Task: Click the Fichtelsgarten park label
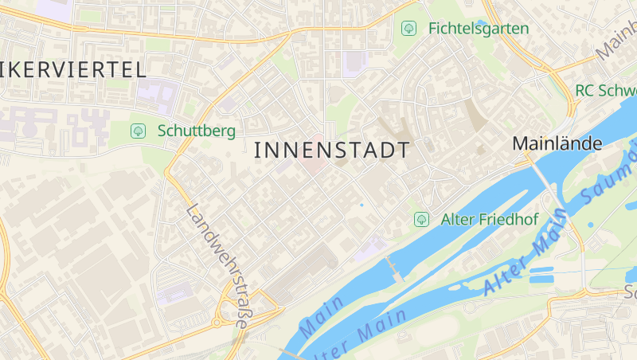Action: pyautogui.click(x=478, y=29)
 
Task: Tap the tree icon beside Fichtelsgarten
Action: pyautogui.click(x=408, y=29)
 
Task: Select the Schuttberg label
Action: pyautogui.click(x=196, y=130)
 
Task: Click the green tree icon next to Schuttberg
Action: pyautogui.click(x=138, y=130)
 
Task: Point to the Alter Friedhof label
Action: pyautogui.click(x=490, y=219)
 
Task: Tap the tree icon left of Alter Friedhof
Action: pyautogui.click(x=421, y=219)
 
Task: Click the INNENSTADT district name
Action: pyautogui.click(x=332, y=151)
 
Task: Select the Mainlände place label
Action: pyautogui.click(x=557, y=144)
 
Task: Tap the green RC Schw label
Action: pyautogui.click(x=605, y=90)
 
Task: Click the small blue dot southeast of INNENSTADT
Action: pyautogui.click(x=361, y=205)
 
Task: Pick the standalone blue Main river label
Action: pyautogui.click(x=322, y=315)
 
